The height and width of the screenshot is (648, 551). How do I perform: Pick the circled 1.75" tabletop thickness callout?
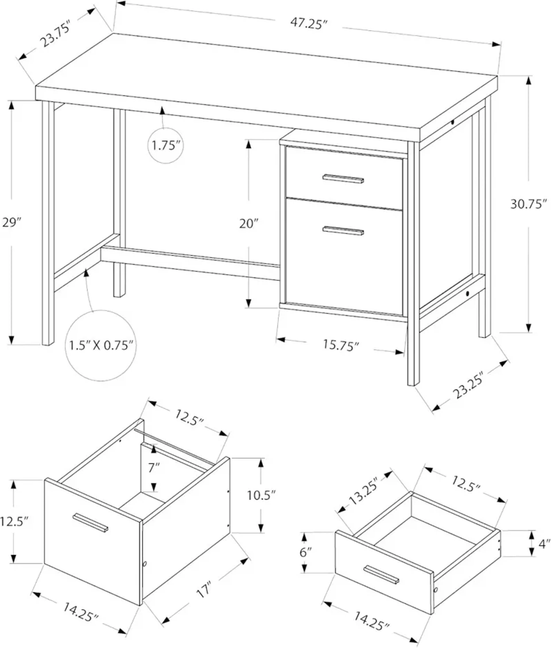tap(166, 145)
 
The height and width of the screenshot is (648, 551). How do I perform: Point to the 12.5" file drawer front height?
tap(14, 522)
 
